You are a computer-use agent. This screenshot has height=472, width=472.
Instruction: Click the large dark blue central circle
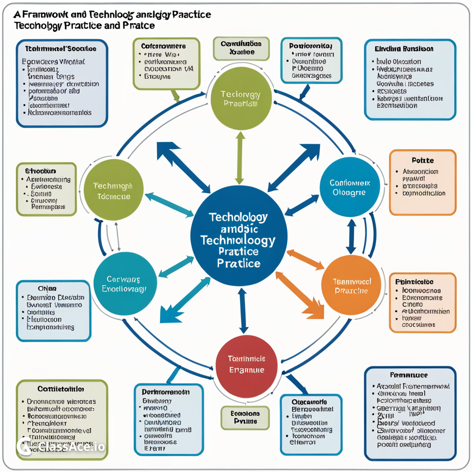pyautogui.click(x=239, y=236)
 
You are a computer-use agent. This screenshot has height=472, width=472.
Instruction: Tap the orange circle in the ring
pyautogui.click(x=351, y=285)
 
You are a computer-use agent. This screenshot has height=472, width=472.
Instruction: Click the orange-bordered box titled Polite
pyautogui.click(x=422, y=182)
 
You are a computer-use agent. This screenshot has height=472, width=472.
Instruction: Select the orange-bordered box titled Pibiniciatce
pyautogui.click(x=422, y=302)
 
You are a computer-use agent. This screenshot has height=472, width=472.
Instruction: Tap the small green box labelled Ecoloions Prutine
pyautogui.click(x=245, y=418)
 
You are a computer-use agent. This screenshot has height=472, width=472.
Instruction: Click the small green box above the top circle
pyautogui.click(x=241, y=48)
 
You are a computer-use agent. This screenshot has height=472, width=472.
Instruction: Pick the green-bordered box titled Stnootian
pyautogui.click(x=46, y=189)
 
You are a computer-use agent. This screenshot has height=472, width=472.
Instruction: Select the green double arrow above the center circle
pyautogui.click(x=240, y=158)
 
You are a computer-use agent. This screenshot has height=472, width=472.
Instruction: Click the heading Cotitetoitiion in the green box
pyautogui.click(x=60, y=389)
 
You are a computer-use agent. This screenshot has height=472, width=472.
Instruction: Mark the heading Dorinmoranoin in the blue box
pyautogui.click(x=169, y=391)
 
